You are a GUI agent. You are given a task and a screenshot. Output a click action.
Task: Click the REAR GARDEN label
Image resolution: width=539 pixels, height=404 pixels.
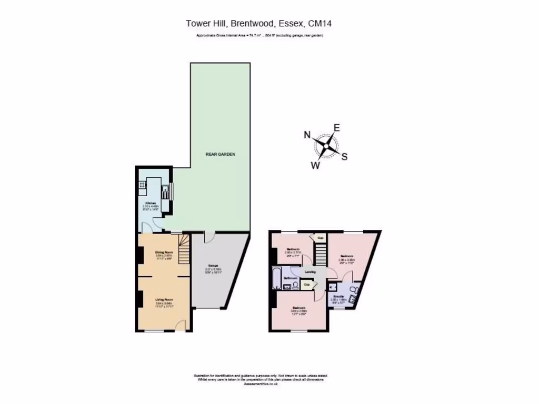click(x=220, y=155)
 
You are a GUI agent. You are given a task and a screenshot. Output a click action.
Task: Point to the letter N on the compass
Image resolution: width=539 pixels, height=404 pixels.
click(x=307, y=135)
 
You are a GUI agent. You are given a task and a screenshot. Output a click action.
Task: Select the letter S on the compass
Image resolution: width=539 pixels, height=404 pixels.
click(x=345, y=156)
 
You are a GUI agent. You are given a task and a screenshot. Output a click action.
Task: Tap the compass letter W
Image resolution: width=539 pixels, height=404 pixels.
click(x=315, y=165)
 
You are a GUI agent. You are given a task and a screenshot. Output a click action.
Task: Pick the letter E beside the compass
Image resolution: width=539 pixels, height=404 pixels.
click(x=337, y=127)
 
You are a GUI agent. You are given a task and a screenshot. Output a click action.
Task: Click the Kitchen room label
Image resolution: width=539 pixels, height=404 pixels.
click(x=151, y=203)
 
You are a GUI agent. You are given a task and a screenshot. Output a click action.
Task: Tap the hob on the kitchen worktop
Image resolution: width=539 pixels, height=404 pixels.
click(x=142, y=185)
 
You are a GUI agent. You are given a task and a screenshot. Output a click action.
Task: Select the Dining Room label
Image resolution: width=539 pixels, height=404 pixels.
click(x=164, y=252)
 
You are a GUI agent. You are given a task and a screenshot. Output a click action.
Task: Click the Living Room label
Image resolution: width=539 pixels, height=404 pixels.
click(x=164, y=299)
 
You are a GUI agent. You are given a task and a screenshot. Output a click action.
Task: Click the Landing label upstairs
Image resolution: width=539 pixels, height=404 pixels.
click(x=310, y=272)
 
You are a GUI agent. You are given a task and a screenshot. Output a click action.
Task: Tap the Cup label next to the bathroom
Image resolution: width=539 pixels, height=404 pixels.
click(x=307, y=285)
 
